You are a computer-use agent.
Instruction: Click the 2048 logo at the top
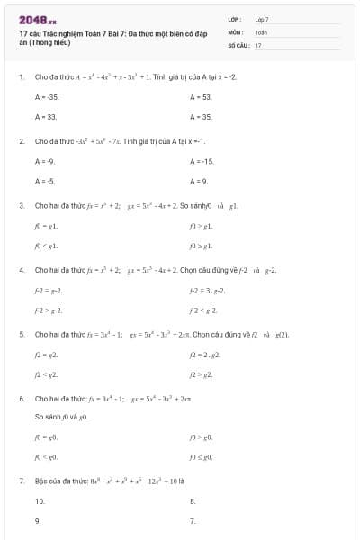coord(37,18)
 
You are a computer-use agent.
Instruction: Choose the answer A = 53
coord(201,96)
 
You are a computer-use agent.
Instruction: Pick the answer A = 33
coord(46,117)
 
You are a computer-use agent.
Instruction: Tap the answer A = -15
coord(202,161)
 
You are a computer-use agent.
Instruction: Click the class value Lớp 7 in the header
coord(262,19)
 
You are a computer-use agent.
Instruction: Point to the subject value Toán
coord(261,31)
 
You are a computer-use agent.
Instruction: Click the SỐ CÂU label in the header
coord(238,44)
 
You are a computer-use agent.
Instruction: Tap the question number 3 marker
coord(21,205)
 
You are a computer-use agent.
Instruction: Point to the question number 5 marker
coord(21,333)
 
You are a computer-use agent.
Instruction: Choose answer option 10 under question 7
coord(40,500)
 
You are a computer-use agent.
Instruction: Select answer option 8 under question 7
coord(193,500)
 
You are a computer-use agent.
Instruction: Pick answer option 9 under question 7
coord(38,520)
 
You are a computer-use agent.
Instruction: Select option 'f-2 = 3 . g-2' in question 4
coord(207,290)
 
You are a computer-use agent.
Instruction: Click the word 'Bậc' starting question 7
coord(42,481)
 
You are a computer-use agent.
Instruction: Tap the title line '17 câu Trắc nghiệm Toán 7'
coord(72,33)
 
